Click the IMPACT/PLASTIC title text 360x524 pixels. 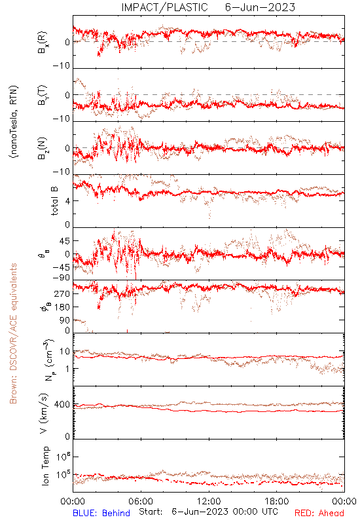click(x=164, y=7)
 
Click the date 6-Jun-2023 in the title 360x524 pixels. click(x=260, y=7)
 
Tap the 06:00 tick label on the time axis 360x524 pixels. click(x=141, y=501)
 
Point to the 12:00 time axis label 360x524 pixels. click(x=209, y=501)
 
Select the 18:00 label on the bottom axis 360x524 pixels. click(x=277, y=501)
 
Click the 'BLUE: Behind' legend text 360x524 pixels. click(x=101, y=513)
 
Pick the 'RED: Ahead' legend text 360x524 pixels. click(x=319, y=513)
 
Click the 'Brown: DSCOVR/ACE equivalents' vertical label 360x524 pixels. click(x=13, y=333)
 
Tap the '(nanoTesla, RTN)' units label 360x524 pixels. click(x=14, y=122)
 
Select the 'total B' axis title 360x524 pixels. click(x=54, y=200)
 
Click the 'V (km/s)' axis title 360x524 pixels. click(x=44, y=413)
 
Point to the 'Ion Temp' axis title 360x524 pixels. click(x=45, y=466)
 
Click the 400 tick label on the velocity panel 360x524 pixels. click(x=62, y=405)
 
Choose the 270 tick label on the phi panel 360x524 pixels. click(x=62, y=294)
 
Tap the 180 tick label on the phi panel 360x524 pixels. click(x=62, y=307)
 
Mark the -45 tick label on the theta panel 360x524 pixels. click(x=61, y=267)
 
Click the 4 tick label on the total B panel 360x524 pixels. click(x=67, y=201)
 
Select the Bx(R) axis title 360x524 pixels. click(x=43, y=43)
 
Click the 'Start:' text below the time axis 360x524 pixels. click(x=151, y=512)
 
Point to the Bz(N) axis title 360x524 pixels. click(x=43, y=148)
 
